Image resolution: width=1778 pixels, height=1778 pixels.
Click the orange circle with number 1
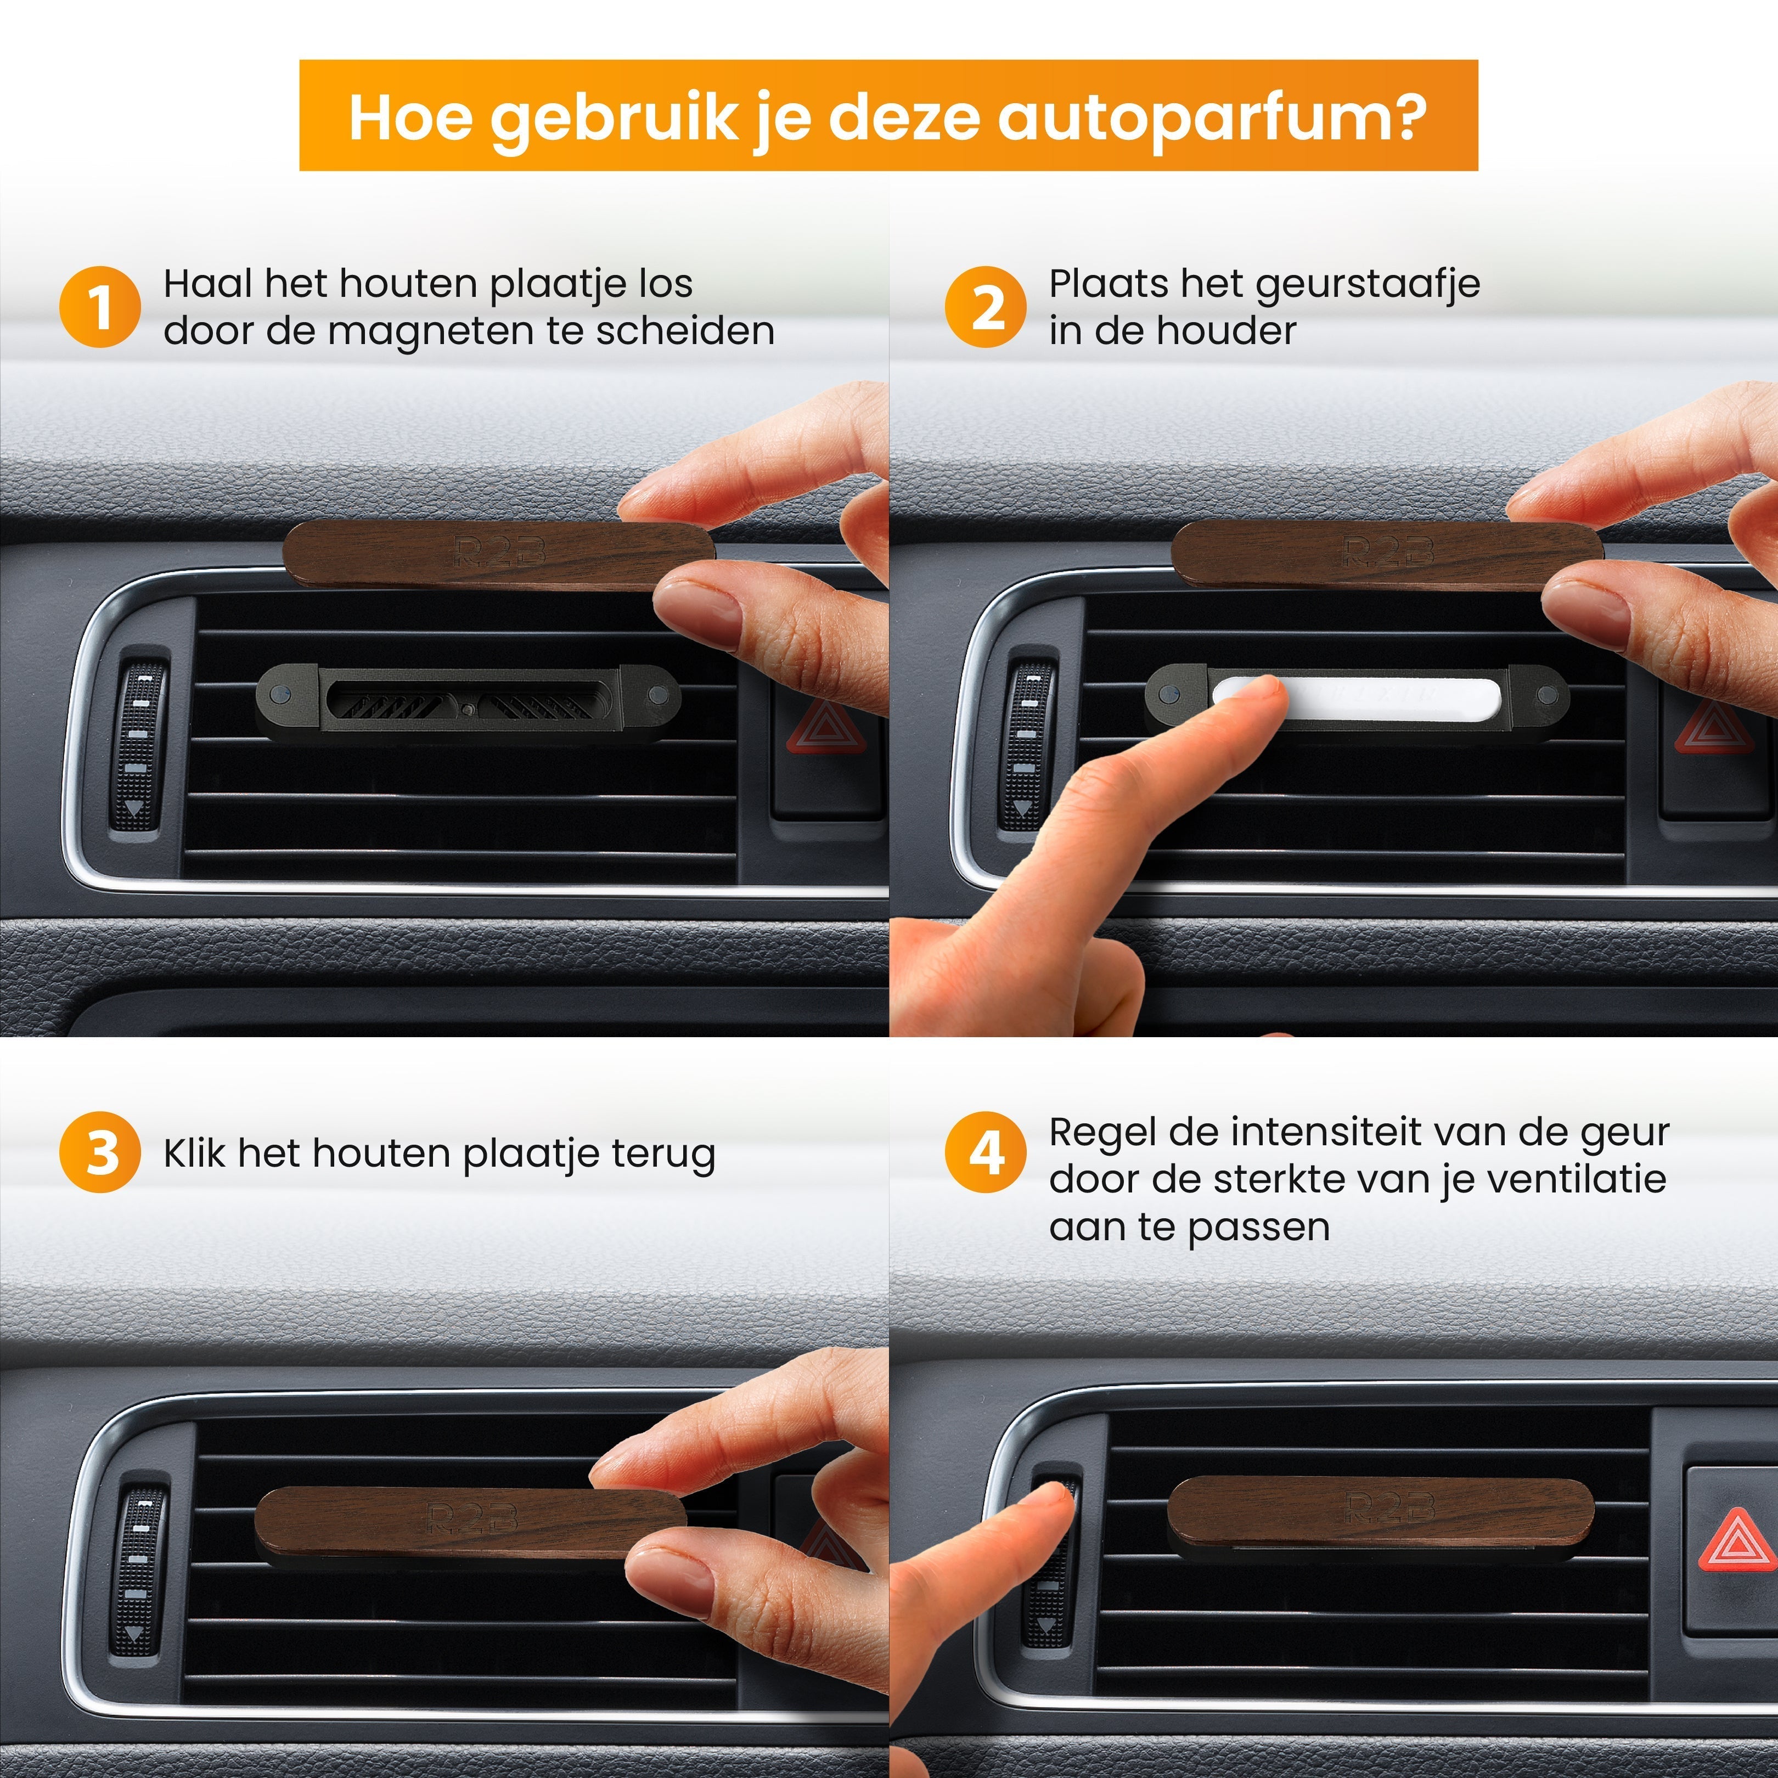(99, 306)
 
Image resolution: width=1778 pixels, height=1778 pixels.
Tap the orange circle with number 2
(984, 306)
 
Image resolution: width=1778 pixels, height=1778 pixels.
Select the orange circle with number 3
(99, 1152)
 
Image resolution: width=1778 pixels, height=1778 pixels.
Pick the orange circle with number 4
(984, 1152)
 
